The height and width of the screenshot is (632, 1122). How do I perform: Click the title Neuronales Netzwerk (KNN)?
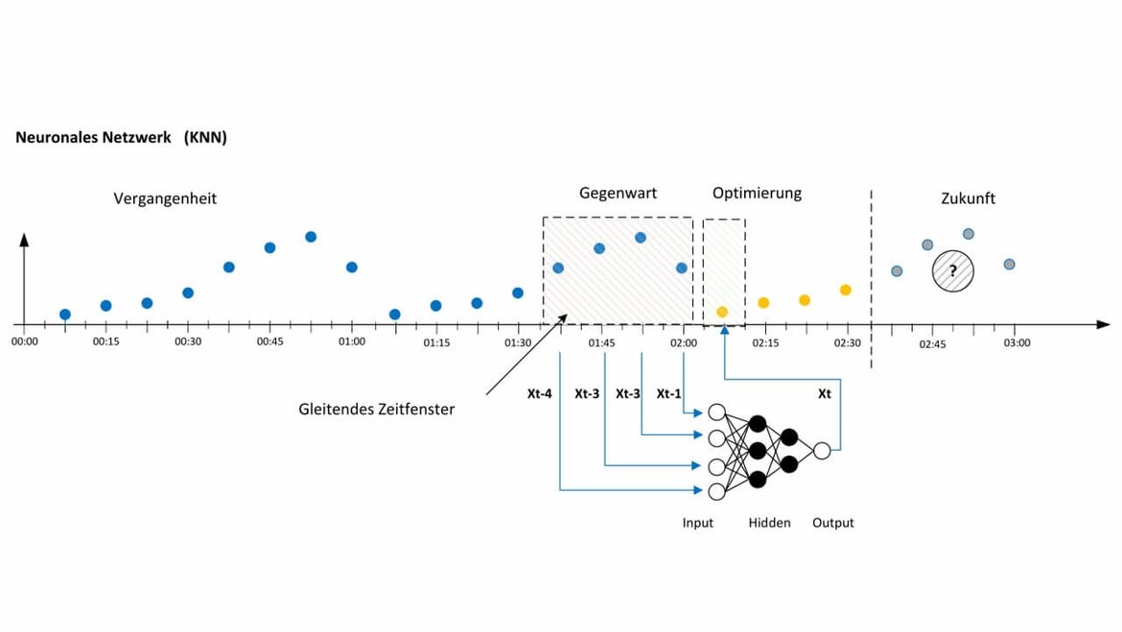click(x=121, y=138)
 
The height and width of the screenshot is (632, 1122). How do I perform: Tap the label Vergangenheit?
click(x=165, y=199)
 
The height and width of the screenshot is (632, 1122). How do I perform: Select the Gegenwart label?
click(x=618, y=193)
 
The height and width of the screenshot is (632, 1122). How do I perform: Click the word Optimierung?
click(x=757, y=193)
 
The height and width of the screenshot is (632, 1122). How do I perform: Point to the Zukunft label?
click(x=968, y=199)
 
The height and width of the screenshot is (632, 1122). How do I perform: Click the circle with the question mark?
click(x=953, y=271)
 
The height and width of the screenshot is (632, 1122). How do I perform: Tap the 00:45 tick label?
click(x=269, y=342)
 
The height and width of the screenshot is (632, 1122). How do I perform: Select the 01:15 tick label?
click(x=436, y=342)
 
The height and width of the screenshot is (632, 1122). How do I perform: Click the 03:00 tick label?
click(x=1017, y=342)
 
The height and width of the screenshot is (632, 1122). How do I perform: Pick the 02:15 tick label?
click(x=765, y=342)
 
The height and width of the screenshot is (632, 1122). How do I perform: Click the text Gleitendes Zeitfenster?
click(x=376, y=410)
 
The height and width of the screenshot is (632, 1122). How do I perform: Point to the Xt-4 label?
click(x=539, y=393)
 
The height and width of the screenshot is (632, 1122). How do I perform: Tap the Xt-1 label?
click(x=669, y=393)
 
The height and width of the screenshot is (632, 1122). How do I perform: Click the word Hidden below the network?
click(x=769, y=523)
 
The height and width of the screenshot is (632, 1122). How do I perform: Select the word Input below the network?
click(x=697, y=523)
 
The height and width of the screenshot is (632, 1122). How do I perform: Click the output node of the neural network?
click(x=821, y=450)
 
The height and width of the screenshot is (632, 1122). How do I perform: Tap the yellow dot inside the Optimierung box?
click(x=722, y=312)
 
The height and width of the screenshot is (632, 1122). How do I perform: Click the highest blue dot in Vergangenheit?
click(x=311, y=237)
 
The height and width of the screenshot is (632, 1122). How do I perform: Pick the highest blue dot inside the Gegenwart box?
click(x=640, y=237)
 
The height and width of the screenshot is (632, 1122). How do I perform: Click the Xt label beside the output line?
click(x=825, y=393)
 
